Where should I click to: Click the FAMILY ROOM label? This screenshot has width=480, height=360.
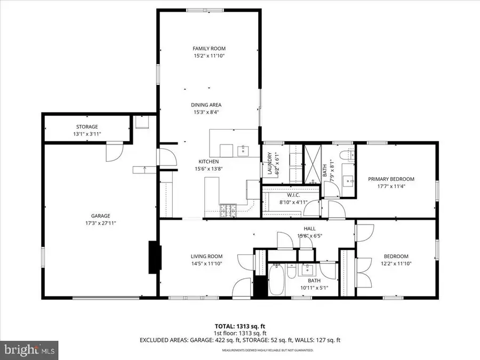click(x=209, y=49)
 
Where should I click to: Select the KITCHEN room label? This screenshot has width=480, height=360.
click(x=209, y=162)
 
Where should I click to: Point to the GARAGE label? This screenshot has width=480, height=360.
click(x=100, y=216)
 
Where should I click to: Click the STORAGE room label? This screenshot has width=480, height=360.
click(x=86, y=126)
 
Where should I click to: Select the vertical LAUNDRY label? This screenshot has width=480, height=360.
click(x=270, y=163)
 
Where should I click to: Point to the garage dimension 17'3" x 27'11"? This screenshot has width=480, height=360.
click(x=100, y=223)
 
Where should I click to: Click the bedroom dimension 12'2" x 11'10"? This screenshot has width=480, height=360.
click(x=396, y=263)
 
